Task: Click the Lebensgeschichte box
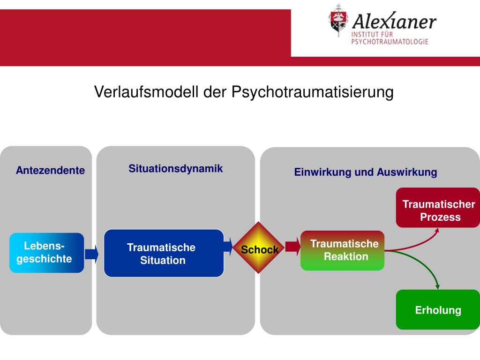click(46, 253)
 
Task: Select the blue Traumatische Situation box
click(164, 253)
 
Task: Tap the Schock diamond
click(260, 247)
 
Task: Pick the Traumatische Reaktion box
click(342, 250)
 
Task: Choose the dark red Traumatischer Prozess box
click(438, 208)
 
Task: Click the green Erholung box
click(438, 310)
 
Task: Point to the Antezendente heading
click(50, 171)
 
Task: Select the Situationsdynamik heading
click(176, 169)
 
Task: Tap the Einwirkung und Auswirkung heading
click(366, 172)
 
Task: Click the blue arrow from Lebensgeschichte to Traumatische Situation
click(92, 254)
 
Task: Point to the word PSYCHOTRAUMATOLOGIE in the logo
click(390, 42)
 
